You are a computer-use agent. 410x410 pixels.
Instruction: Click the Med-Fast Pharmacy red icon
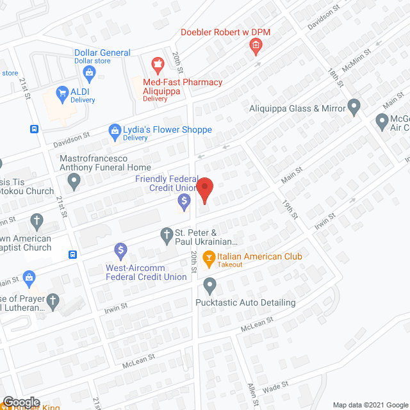click(156, 65)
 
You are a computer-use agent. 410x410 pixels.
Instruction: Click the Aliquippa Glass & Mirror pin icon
click(354, 105)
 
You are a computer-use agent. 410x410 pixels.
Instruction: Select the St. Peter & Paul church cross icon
click(166, 234)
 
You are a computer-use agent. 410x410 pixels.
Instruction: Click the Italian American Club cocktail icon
click(208, 259)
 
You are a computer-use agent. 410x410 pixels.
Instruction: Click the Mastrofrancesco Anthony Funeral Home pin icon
click(75, 184)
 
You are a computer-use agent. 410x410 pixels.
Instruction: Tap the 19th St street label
click(290, 208)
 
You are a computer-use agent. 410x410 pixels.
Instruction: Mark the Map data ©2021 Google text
click(369, 404)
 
